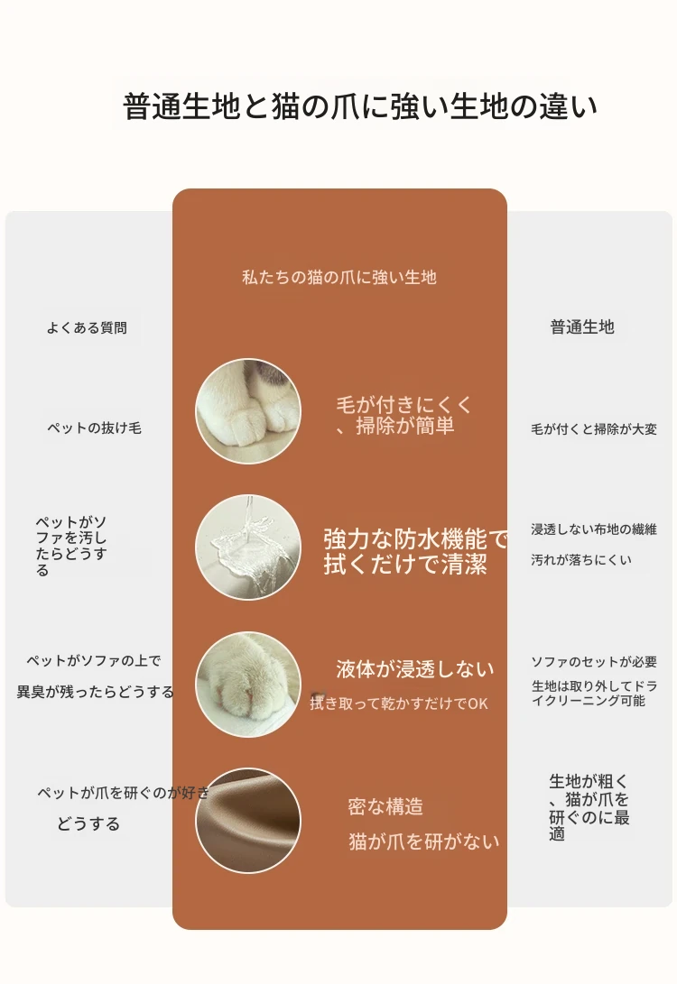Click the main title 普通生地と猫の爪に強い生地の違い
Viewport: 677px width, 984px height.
click(359, 106)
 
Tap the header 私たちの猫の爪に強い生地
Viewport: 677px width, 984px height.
click(339, 278)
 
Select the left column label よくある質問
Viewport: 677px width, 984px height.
click(87, 327)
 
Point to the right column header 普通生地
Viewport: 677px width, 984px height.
click(582, 327)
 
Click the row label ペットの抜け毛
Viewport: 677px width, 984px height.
click(94, 428)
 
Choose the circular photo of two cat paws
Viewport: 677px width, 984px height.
click(248, 411)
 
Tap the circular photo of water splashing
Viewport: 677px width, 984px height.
click(248, 547)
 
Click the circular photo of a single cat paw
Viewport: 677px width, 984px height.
click(248, 684)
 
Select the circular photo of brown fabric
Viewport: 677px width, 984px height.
click(248, 820)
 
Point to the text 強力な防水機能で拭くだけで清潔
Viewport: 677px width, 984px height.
click(415, 552)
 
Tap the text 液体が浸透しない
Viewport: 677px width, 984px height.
click(415, 669)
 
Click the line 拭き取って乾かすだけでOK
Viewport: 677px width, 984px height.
click(399, 704)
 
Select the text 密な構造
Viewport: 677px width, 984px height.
click(385, 806)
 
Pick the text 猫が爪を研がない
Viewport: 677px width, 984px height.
click(424, 841)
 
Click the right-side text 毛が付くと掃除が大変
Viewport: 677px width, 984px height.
click(594, 429)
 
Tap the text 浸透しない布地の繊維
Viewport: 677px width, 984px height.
click(594, 529)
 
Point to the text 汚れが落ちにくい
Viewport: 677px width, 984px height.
click(581, 560)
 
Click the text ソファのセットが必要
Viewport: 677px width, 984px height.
click(594, 661)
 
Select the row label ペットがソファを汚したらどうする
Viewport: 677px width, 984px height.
click(71, 546)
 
